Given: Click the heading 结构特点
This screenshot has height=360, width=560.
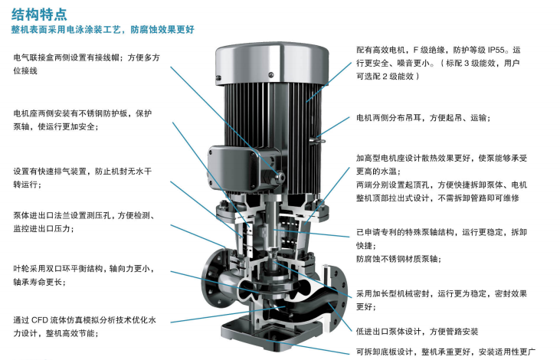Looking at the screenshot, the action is coord(39,15).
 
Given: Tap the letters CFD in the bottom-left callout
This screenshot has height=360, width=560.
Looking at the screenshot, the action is coord(40,320).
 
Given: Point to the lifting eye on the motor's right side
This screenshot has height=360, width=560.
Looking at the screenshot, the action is coord(317,140).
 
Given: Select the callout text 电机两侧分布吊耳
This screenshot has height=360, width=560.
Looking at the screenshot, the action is coord(423,118).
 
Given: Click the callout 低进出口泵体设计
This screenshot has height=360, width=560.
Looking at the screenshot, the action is coord(417,332).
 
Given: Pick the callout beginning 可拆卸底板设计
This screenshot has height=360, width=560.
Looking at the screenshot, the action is coord(446,352).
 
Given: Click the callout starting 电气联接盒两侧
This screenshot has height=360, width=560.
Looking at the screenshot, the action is coord(87,64).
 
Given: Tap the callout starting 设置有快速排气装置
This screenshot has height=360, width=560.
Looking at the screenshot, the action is coord(83,178).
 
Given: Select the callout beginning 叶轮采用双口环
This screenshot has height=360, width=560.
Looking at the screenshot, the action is coord(84,275).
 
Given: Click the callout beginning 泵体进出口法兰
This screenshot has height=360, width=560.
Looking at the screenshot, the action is coord(84,222).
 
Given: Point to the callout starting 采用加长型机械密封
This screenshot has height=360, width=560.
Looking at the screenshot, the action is coord(441,300).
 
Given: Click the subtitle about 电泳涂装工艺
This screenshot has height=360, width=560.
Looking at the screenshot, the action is coord(103,30).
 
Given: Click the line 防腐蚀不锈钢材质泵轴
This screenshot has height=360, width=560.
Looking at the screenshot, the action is coord(398,259).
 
